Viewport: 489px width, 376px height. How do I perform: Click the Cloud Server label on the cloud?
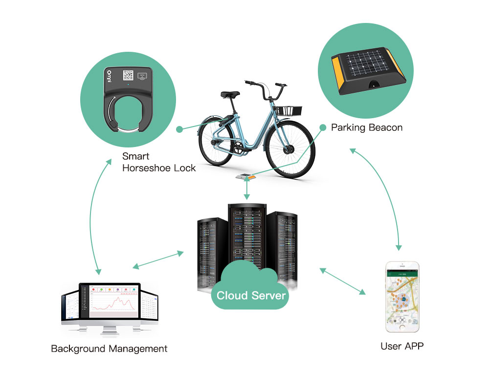coord(251,295)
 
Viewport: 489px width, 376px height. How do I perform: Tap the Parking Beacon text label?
coord(367,128)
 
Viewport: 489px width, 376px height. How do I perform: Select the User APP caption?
coord(402,346)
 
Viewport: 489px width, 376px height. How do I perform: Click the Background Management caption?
coord(109,349)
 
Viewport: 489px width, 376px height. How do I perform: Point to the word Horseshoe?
coord(146,168)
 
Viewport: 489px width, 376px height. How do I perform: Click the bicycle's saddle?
coord(229,94)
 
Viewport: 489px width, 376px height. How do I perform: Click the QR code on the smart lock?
coord(128,75)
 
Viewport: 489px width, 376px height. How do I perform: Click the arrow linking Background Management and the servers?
coord(158,260)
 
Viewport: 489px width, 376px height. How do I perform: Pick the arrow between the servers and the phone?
coord(343,281)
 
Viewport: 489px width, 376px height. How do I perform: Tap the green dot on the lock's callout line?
coord(179,129)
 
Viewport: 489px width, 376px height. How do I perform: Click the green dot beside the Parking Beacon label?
coord(323,127)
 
